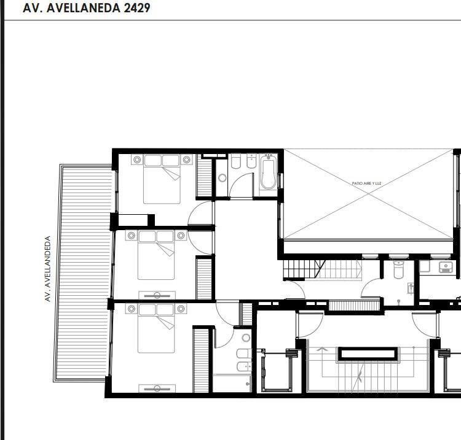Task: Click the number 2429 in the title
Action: point(137,8)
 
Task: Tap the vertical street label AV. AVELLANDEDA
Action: point(47,269)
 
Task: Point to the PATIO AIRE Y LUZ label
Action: point(366,183)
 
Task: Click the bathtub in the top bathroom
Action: point(268,172)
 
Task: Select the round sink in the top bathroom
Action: point(223,178)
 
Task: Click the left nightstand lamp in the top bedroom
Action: point(137,160)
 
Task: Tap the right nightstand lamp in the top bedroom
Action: point(186,160)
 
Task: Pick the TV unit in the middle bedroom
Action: point(157,295)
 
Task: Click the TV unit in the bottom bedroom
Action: point(157,388)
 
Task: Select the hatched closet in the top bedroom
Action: point(204,177)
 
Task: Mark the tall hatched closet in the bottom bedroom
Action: point(201,361)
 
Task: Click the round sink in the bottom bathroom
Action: point(246,338)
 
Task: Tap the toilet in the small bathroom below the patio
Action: point(398,269)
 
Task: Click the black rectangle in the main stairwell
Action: point(368,353)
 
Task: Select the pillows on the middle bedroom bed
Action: point(156,236)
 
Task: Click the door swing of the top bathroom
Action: point(241,186)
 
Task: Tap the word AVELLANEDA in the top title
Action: point(84,8)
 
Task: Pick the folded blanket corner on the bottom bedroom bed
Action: point(166,323)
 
